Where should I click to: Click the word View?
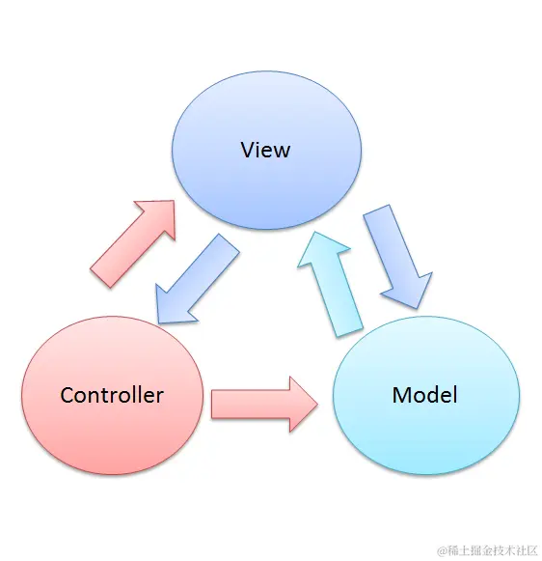[265, 151]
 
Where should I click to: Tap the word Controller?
[112, 395]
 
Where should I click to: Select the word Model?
[424, 395]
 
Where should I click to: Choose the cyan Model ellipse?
[424, 435]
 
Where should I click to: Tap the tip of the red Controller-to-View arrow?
[174, 202]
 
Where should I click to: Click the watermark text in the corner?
[487, 550]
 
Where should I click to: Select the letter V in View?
[248, 151]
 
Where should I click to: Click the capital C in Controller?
[67, 395]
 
